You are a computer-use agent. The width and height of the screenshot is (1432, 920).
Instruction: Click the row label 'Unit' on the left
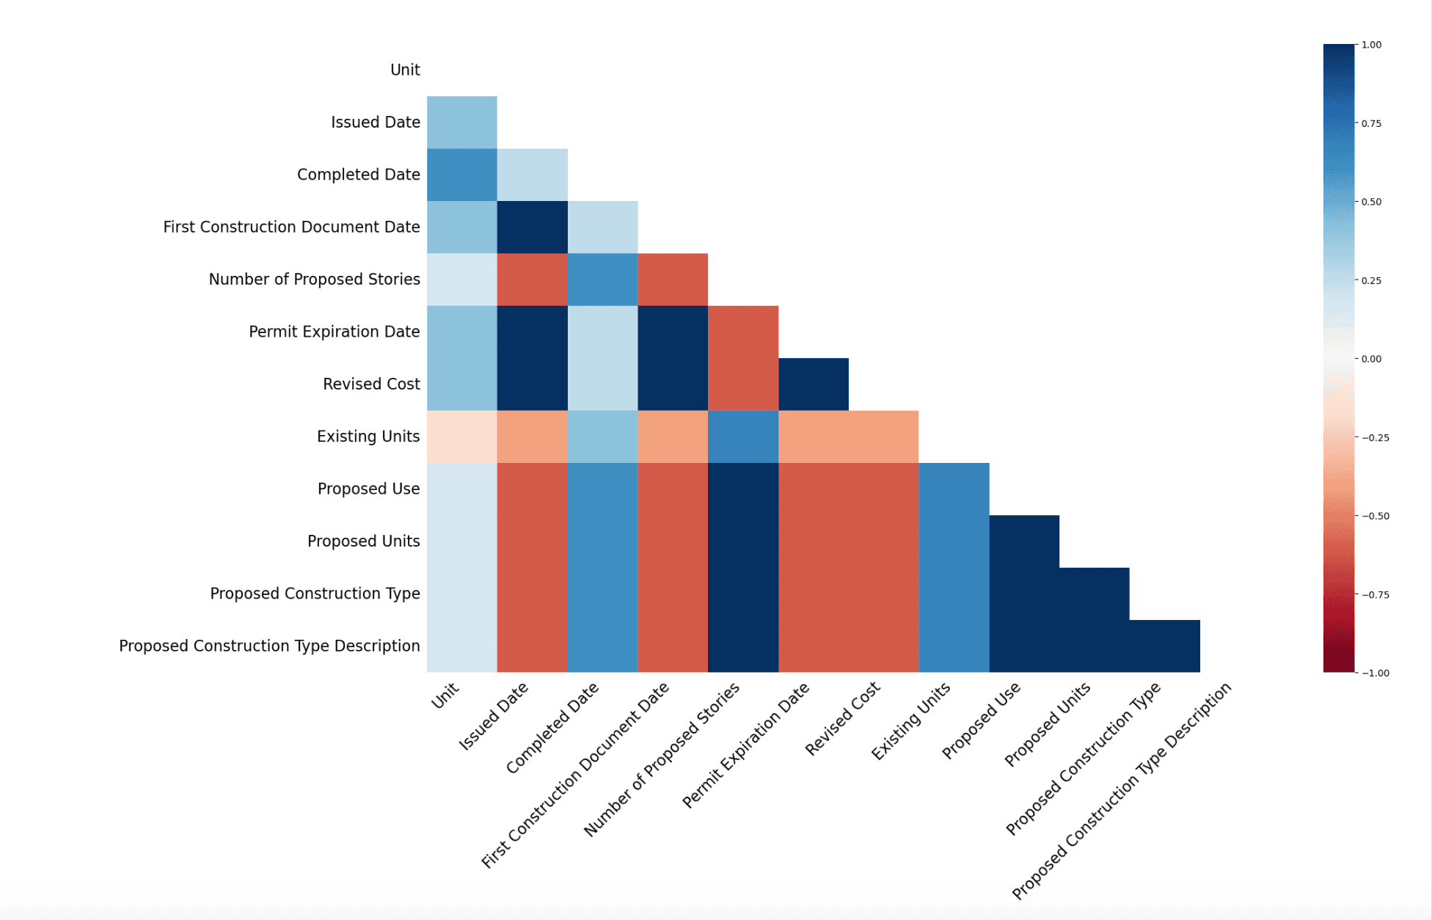pos(405,70)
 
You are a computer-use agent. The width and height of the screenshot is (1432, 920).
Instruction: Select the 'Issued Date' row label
pos(375,122)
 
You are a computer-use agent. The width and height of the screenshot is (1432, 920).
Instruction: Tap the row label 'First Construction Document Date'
pos(291,227)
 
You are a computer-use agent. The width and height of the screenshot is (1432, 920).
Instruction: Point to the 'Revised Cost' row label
pos(371,384)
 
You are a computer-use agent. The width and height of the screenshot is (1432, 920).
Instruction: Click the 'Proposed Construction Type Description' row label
pos(269,646)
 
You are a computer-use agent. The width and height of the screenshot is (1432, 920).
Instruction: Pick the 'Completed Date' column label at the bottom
pos(552,727)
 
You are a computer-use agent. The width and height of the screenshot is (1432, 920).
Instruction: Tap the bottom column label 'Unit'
pos(445,696)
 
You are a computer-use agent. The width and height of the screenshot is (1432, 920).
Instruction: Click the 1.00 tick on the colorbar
pos(1371,45)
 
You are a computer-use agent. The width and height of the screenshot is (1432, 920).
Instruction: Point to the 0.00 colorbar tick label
pos(1371,359)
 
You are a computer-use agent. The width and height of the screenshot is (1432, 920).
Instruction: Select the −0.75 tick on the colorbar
pos(1374,594)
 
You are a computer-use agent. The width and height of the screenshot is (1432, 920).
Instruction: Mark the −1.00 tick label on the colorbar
pos(1374,673)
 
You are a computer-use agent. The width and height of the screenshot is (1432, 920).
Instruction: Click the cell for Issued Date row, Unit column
pos(461,123)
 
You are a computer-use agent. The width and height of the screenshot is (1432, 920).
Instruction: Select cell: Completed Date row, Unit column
pos(461,175)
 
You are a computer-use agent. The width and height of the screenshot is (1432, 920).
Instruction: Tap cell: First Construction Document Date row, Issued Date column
pos(532,227)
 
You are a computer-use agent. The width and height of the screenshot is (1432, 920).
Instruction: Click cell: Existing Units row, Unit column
pos(461,437)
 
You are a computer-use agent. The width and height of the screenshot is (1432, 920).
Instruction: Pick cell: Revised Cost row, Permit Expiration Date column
pos(813,384)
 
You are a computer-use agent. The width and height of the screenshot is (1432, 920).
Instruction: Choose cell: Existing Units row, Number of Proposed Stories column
pos(742,437)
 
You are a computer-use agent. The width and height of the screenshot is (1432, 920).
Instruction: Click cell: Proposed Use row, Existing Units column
pos(954,489)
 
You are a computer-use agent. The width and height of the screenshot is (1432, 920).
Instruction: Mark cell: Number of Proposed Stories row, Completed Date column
pos(602,280)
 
